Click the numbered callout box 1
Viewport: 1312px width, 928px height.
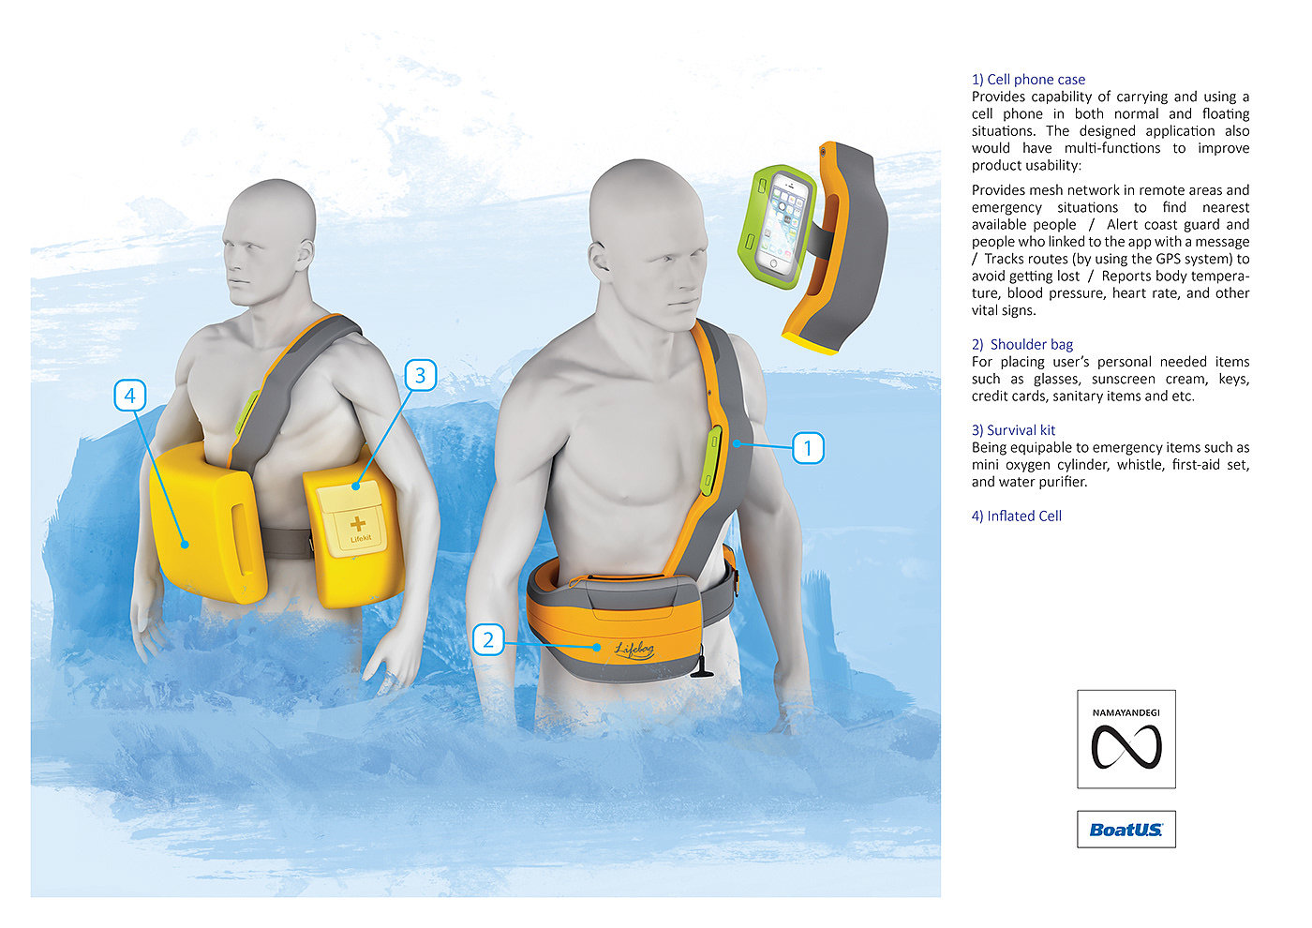(808, 448)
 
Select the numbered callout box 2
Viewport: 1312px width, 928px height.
(488, 639)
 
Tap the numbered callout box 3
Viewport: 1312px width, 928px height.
(421, 375)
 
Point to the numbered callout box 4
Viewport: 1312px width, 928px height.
(130, 396)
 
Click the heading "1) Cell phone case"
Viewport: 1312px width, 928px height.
(1028, 80)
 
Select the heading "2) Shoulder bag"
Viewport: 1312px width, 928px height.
(1022, 345)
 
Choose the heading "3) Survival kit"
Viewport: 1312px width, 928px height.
(1013, 430)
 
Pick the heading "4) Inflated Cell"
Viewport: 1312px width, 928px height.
(1016, 516)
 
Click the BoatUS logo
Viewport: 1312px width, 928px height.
(1126, 830)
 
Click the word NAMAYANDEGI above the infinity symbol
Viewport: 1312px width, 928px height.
(1126, 713)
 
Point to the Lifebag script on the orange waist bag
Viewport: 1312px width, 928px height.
(634, 649)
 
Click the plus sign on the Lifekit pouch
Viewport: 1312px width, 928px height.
(357, 524)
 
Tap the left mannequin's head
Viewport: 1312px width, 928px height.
(271, 242)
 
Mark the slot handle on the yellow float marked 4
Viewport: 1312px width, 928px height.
(243, 538)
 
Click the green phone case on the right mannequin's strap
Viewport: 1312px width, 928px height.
(711, 460)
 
